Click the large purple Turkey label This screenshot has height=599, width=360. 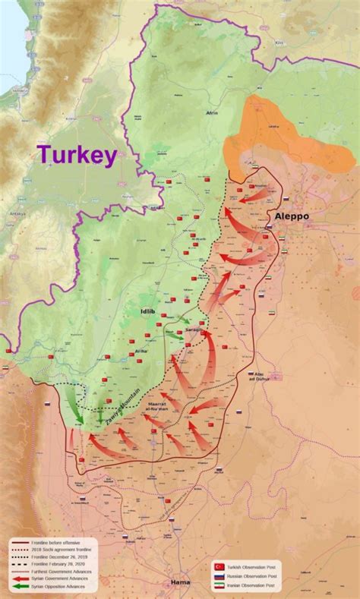(x=77, y=155)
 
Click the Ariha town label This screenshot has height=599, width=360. (x=140, y=352)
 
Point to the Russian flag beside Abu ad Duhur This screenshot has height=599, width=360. (x=251, y=374)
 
